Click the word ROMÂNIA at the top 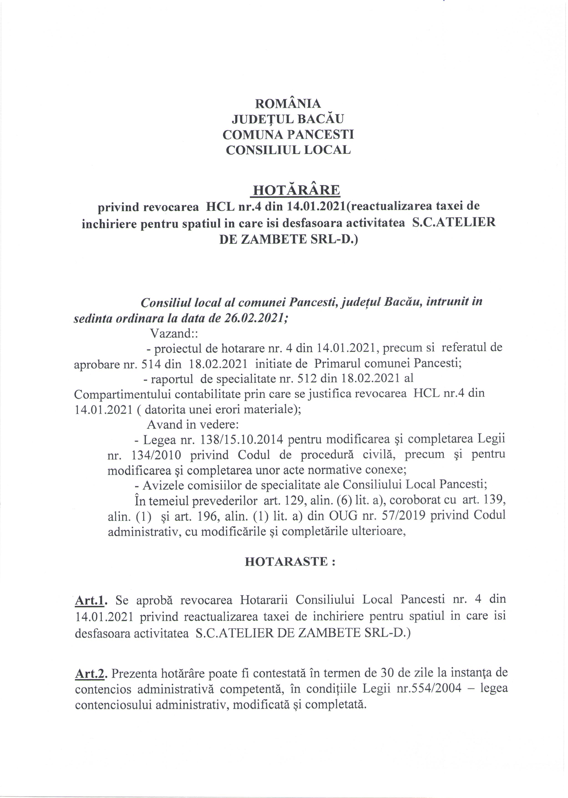click(288, 104)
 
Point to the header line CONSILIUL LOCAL click(288, 150)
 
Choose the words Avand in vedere click(193, 424)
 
